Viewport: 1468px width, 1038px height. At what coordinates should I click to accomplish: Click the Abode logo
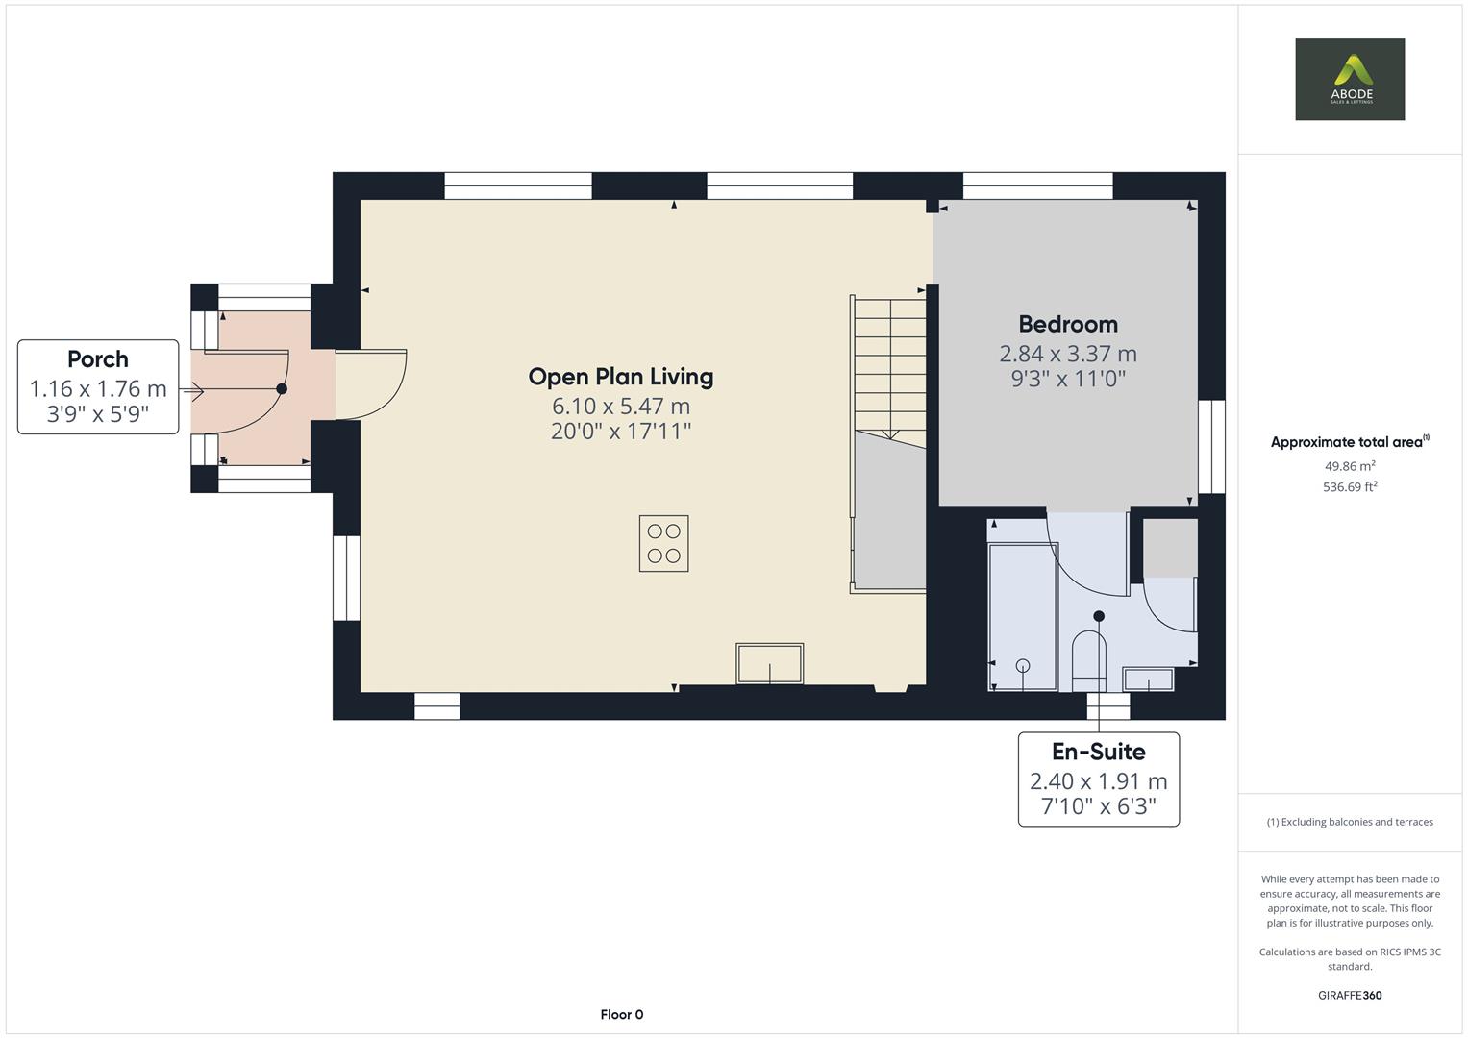(1349, 79)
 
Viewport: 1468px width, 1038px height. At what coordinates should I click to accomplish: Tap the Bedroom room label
(1067, 324)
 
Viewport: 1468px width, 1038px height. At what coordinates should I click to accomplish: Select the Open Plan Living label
(620, 376)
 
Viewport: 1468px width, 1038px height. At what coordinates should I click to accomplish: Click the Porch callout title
(98, 358)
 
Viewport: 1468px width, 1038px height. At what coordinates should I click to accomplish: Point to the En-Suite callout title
(1098, 751)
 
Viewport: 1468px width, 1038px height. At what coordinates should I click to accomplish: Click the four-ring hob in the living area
(663, 543)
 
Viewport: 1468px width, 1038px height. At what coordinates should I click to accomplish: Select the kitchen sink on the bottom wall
(769, 663)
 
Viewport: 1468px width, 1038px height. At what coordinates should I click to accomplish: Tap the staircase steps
(889, 365)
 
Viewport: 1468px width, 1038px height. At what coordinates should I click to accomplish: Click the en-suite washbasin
(1149, 680)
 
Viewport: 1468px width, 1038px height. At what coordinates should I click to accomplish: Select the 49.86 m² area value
(1349, 466)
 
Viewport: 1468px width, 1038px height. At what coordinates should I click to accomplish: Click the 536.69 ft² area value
(1349, 487)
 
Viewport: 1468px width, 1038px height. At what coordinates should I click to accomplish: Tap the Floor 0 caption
(621, 1014)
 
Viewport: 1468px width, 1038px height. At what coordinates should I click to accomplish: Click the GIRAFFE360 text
(1349, 995)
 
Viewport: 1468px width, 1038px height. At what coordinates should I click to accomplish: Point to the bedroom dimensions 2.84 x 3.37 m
(1067, 354)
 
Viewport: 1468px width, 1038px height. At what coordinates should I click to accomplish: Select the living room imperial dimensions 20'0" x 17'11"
(620, 431)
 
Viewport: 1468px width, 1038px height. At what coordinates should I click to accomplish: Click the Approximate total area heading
(1348, 442)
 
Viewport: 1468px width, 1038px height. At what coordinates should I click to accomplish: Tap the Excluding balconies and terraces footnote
(1349, 822)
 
